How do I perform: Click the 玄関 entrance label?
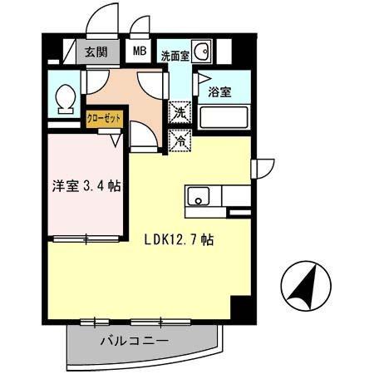(97, 52)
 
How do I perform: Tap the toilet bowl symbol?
(62, 101)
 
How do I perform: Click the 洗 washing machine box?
(180, 113)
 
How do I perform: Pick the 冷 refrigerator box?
(180, 140)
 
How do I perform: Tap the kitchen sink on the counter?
(199, 198)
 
